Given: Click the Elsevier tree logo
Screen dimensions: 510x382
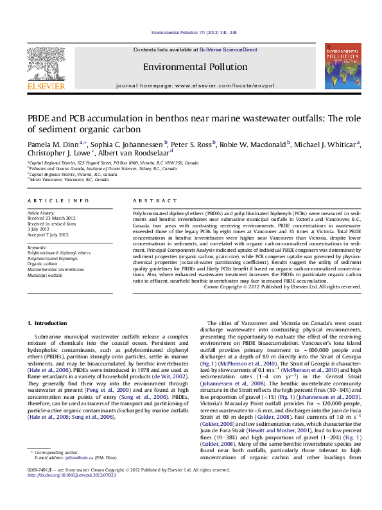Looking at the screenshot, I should pyautogui.click(x=46, y=63).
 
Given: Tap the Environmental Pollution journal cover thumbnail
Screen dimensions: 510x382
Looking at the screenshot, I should pyautogui.click(x=342, y=67).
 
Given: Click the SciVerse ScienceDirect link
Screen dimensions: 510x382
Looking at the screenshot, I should pyautogui.click(x=228, y=49).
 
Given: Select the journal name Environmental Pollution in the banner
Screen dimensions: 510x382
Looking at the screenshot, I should pyautogui.click(x=195, y=67).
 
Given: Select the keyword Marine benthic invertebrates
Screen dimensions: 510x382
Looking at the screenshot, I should pyautogui.click(x=55, y=269).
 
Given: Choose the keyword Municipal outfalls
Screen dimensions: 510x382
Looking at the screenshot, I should pyautogui.click(x=45, y=275).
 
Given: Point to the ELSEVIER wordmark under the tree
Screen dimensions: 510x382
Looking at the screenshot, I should pyautogui.click(x=46, y=86).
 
